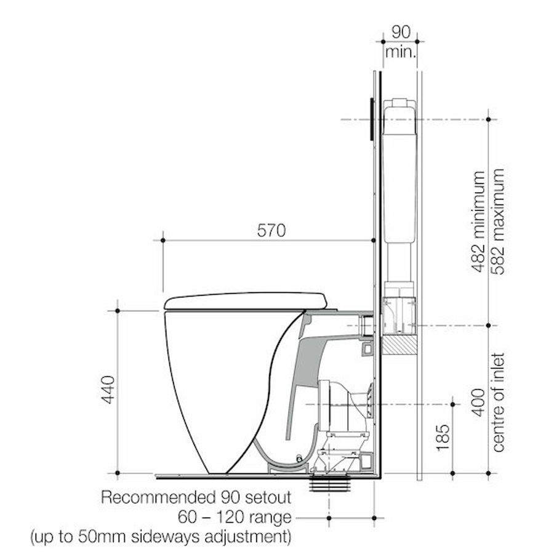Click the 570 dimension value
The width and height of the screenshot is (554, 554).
click(x=271, y=231)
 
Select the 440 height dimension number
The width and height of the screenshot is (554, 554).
click(x=108, y=390)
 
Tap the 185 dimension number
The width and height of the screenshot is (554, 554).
click(x=443, y=438)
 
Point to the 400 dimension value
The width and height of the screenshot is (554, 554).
click(x=479, y=403)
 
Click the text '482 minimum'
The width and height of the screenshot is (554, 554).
click(x=479, y=222)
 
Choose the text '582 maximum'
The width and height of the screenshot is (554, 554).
click(x=498, y=222)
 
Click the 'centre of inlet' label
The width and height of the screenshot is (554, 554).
click(x=498, y=403)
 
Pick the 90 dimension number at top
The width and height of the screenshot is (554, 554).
click(x=401, y=32)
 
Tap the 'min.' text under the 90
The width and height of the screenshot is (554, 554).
click(x=401, y=52)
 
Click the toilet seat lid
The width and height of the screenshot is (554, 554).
click(x=246, y=300)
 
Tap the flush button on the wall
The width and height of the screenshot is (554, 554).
click(x=372, y=119)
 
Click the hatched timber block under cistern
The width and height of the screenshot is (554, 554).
click(x=399, y=344)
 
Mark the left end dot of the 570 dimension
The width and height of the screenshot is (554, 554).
click(x=163, y=240)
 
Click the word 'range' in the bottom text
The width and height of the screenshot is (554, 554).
click(x=271, y=517)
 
